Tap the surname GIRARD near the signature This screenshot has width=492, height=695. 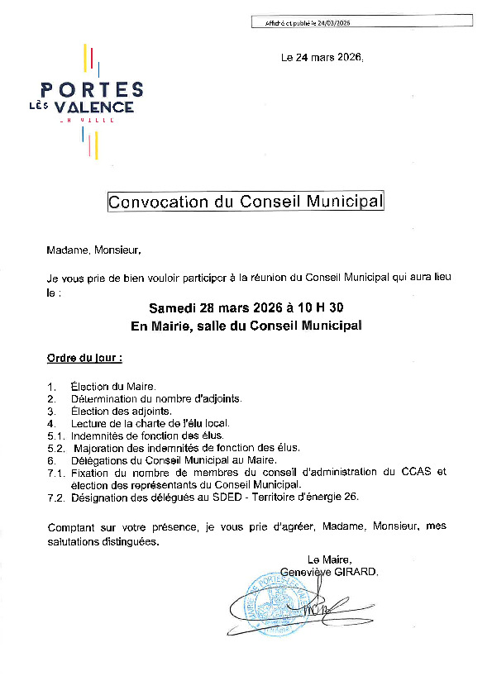coord(356,571)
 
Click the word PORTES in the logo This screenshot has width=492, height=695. coord(92,90)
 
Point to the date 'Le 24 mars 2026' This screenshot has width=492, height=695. coord(322,58)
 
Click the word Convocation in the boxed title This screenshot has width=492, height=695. coord(162,202)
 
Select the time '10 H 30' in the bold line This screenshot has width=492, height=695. coord(321,308)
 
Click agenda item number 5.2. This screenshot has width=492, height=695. coord(57,447)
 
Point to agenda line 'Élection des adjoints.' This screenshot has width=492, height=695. coord(121,411)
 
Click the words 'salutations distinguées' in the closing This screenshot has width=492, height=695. coord(103,542)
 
